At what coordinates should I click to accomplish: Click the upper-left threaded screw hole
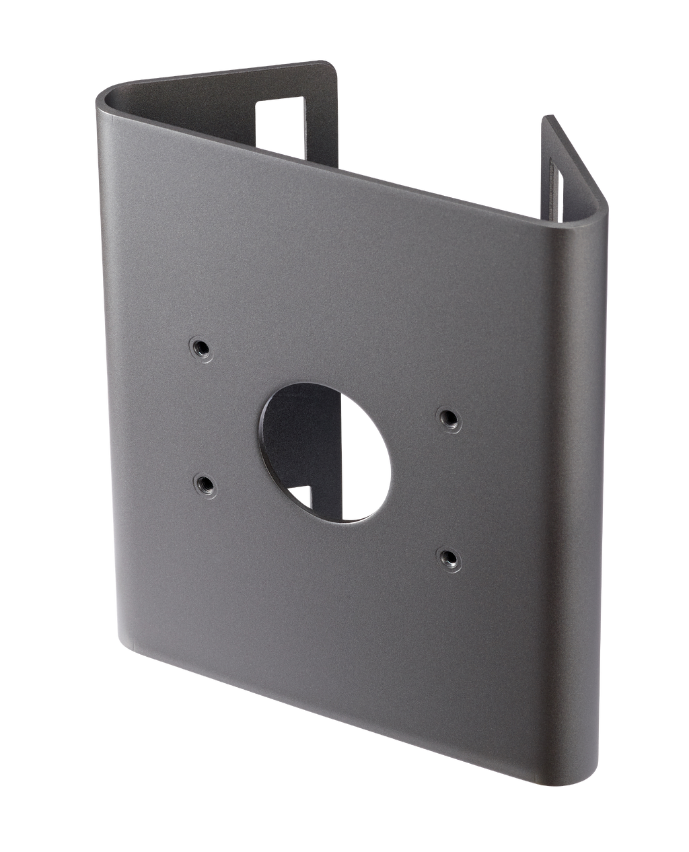tap(199, 347)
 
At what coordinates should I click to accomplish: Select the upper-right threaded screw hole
tap(445, 418)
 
